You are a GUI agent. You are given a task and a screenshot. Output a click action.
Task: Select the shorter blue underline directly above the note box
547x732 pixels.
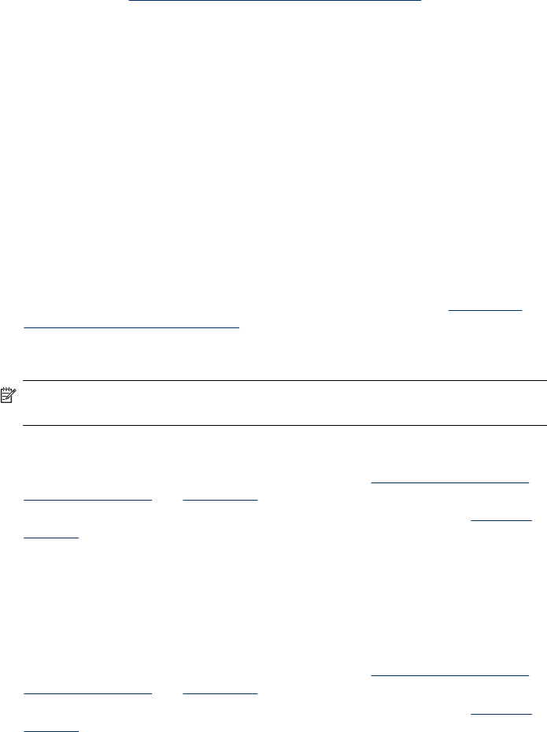tap(485, 310)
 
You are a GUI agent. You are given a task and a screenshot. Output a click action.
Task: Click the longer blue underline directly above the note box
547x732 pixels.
tap(131, 325)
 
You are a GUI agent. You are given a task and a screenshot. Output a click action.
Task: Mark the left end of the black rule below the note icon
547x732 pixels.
tap(24, 426)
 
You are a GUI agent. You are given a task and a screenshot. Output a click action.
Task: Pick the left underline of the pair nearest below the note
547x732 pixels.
tap(87, 498)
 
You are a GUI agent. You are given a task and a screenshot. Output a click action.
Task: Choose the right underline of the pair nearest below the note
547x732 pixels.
tap(220, 498)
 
